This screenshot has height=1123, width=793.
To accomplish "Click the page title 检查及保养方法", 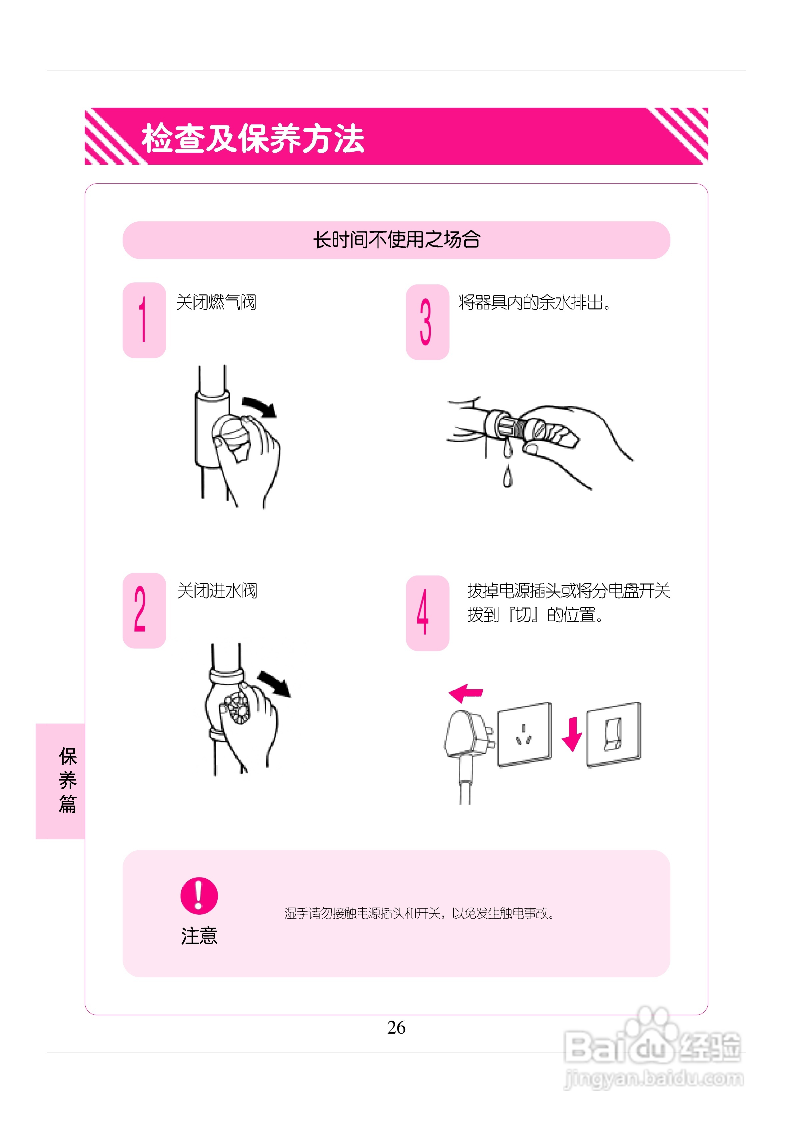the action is (x=253, y=138).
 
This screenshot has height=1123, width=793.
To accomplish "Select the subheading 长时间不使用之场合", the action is (x=396, y=240).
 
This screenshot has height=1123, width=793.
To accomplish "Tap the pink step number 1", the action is (x=143, y=319).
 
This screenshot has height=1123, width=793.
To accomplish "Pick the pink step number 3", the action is (x=425, y=322).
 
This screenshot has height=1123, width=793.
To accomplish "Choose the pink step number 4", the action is (x=422, y=612).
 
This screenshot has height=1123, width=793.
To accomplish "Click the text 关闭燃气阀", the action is (x=216, y=302).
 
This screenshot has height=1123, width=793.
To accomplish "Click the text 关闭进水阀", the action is (x=217, y=591).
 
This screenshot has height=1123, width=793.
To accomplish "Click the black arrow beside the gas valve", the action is (x=260, y=406).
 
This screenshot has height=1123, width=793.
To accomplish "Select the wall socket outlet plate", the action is (x=524, y=734).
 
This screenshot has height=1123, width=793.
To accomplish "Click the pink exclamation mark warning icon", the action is (x=199, y=896).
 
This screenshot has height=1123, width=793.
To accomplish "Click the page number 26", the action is (x=396, y=1027).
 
